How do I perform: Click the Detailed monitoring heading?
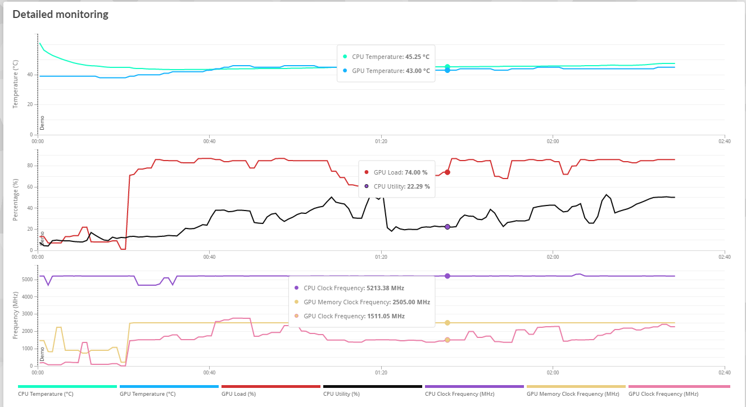pyautogui.click(x=60, y=15)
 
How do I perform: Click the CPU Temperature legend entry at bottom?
pyautogui.click(x=46, y=394)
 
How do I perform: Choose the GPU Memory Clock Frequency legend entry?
pyautogui.click(x=572, y=394)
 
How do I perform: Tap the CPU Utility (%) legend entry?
pyautogui.click(x=341, y=394)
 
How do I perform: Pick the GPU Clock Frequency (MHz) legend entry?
pyautogui.click(x=663, y=394)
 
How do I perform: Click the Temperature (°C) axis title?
pyautogui.click(x=16, y=89)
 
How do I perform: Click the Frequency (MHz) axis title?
pyautogui.click(x=16, y=315)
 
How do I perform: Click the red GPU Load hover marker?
pyautogui.click(x=447, y=172)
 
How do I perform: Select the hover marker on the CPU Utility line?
pyautogui.click(x=447, y=227)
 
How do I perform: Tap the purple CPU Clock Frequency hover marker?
pyautogui.click(x=447, y=276)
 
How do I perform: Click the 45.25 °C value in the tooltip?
pyautogui.click(x=417, y=57)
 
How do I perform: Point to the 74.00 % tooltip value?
pyautogui.click(x=417, y=172)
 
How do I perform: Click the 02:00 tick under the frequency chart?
pyautogui.click(x=553, y=372)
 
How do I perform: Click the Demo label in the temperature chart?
pyautogui.click(x=42, y=122)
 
